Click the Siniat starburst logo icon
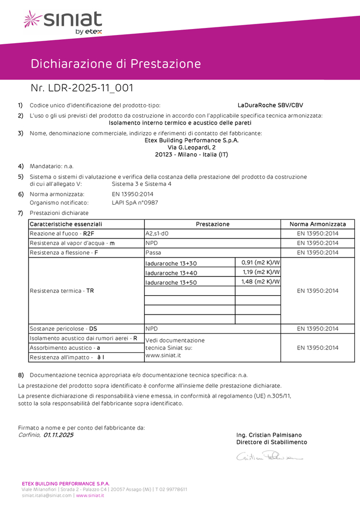pos(33,20)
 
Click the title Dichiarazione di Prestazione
pos(116,64)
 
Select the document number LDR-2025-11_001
pos(82,88)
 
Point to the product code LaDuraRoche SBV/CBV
pos(270,105)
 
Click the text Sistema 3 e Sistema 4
pos(142,184)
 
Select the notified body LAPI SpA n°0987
pos(135,203)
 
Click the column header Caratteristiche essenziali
pos(66,224)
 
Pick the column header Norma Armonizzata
pos(318,224)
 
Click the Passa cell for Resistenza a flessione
pos(153,252)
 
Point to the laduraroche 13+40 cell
pos(171,273)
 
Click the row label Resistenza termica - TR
pos(62,291)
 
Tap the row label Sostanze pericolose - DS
pos(64,329)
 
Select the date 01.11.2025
pos(59,435)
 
